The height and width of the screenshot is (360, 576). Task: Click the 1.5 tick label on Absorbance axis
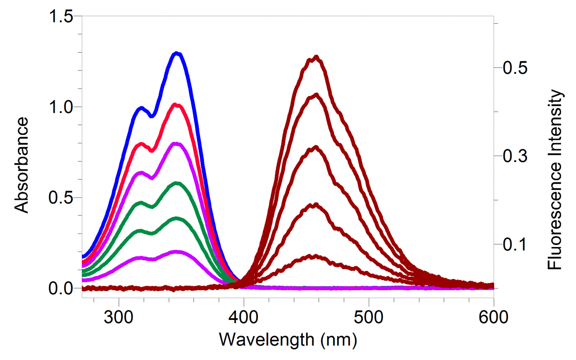[61, 16]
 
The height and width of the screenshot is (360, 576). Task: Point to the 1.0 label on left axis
[61, 107]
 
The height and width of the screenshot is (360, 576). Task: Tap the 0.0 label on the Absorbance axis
[61, 288]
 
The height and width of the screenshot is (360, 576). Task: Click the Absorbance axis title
[21, 164]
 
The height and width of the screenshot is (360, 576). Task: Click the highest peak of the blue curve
[177, 54]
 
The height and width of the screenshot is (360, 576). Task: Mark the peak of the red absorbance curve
[176, 105]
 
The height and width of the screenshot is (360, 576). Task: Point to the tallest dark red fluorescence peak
[316, 57]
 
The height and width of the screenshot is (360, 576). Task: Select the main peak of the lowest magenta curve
[177, 252]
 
